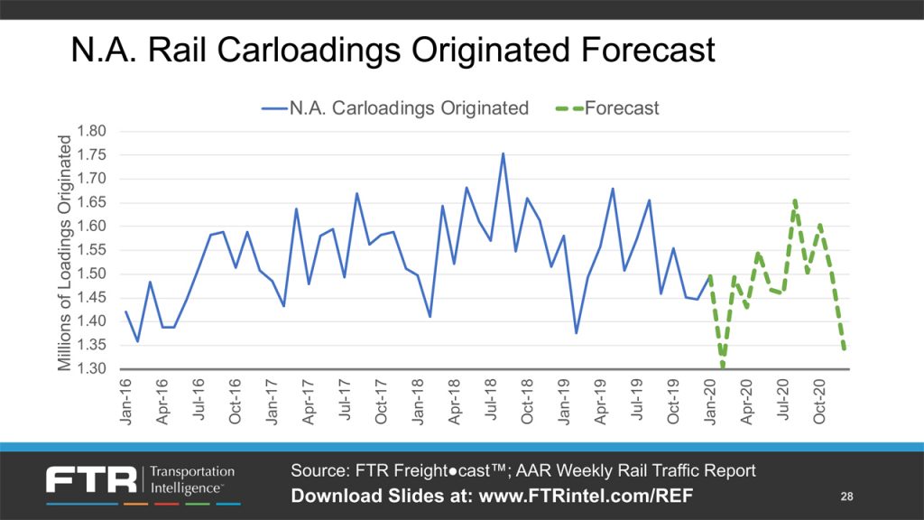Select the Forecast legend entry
[x=622, y=108]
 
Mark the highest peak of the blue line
[x=503, y=153]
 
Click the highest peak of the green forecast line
[x=795, y=200]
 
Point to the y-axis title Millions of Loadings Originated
[x=65, y=252]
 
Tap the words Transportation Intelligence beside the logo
[x=191, y=479]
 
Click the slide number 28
[x=846, y=497]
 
